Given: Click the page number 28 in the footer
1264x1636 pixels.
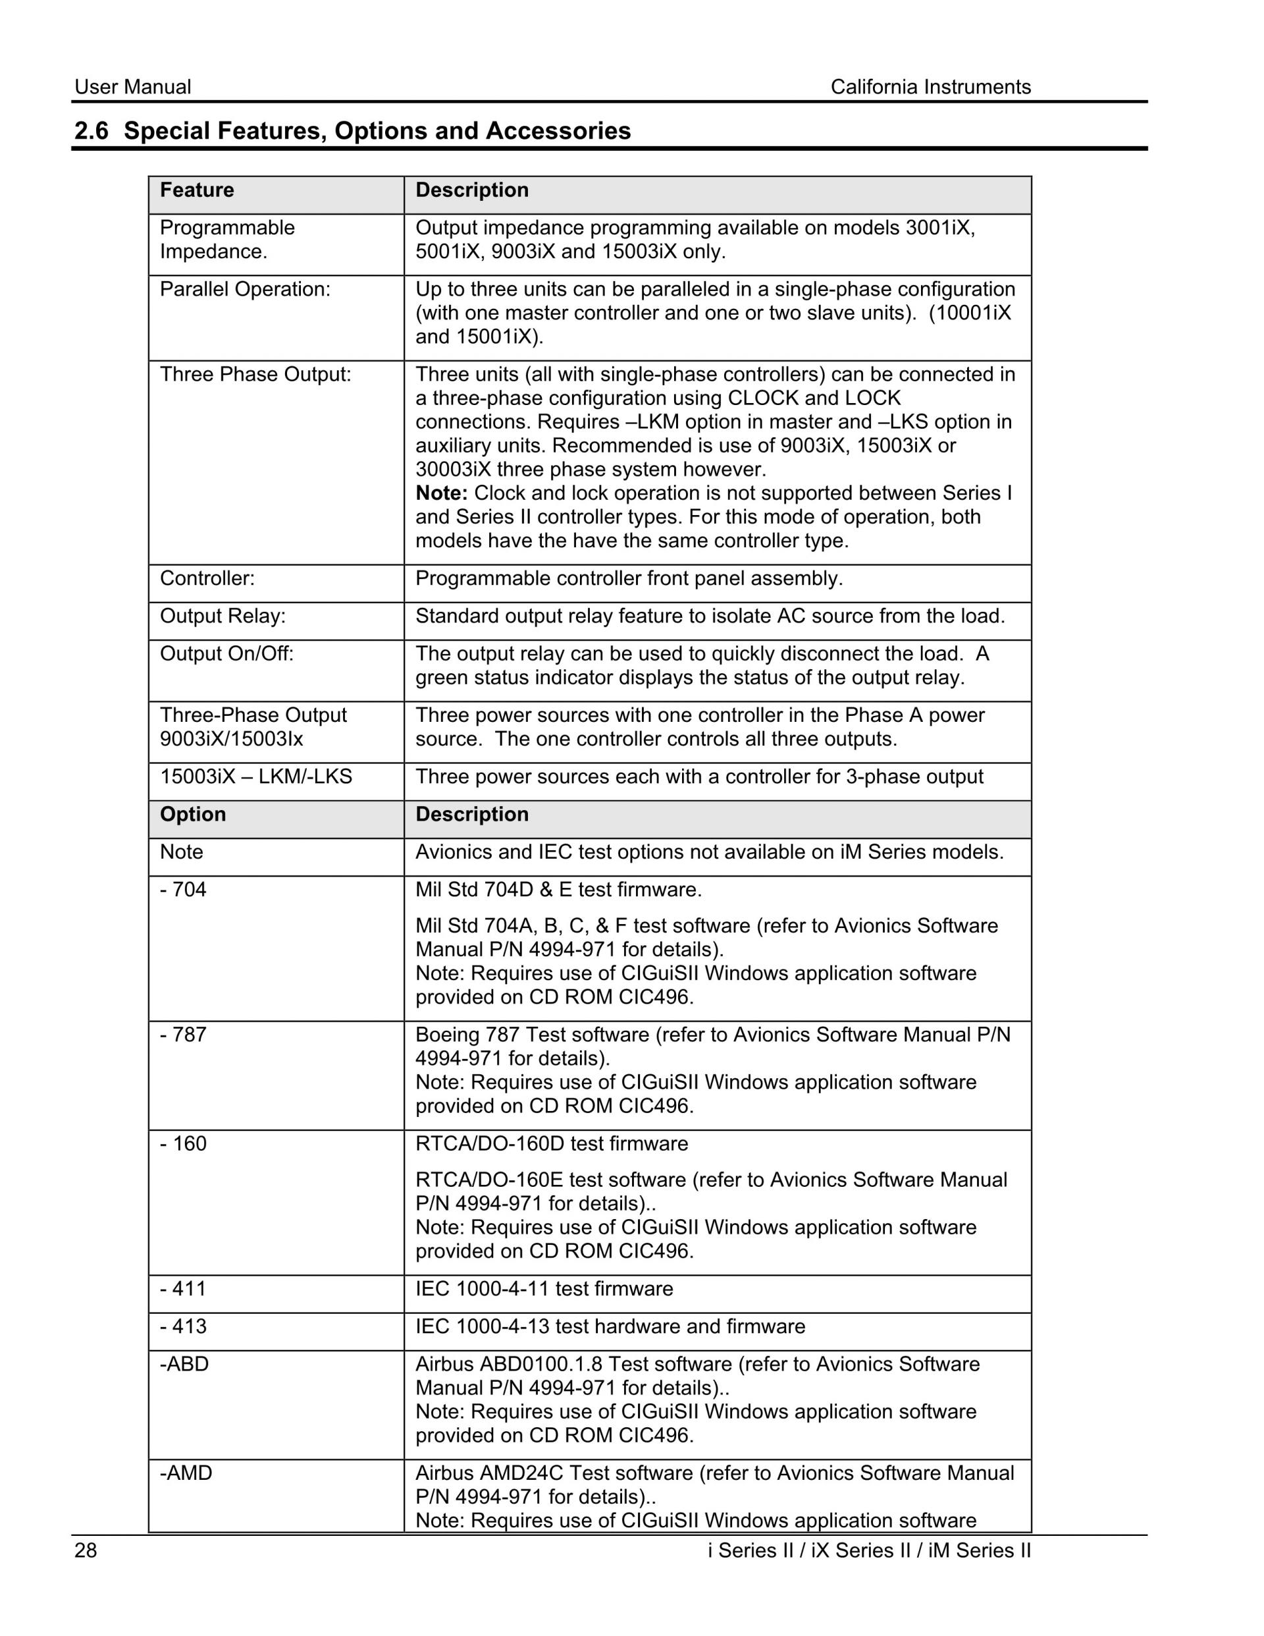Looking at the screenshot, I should (86, 1550).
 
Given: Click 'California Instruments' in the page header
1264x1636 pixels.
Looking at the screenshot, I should (930, 88).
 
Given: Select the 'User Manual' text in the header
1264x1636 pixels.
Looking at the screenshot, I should (132, 88).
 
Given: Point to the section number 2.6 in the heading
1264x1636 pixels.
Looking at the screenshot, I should (92, 131).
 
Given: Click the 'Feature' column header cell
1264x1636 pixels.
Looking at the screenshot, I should (197, 190).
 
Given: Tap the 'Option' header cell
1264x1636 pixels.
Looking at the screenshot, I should (192, 814).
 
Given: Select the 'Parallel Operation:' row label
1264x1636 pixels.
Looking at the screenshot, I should (245, 290).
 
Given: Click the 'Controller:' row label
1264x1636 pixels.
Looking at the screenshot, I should (207, 578).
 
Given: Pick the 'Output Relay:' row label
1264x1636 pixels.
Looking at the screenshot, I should (223, 616).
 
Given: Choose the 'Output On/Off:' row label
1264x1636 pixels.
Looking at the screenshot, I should (227, 654).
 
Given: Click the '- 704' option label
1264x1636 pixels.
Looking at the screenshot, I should (183, 890).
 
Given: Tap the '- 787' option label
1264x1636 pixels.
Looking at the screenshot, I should (183, 1035).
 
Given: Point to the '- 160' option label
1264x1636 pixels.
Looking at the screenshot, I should (183, 1144).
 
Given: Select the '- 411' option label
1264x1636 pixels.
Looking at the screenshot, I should (183, 1289).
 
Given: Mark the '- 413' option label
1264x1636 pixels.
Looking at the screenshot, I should (183, 1326).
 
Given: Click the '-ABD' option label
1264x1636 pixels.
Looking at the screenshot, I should (184, 1364).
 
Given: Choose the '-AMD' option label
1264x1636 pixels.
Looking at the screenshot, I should (186, 1473).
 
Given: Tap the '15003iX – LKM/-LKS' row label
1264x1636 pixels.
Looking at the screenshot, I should (255, 777).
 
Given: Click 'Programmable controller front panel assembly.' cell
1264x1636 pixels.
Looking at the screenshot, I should (629, 578).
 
